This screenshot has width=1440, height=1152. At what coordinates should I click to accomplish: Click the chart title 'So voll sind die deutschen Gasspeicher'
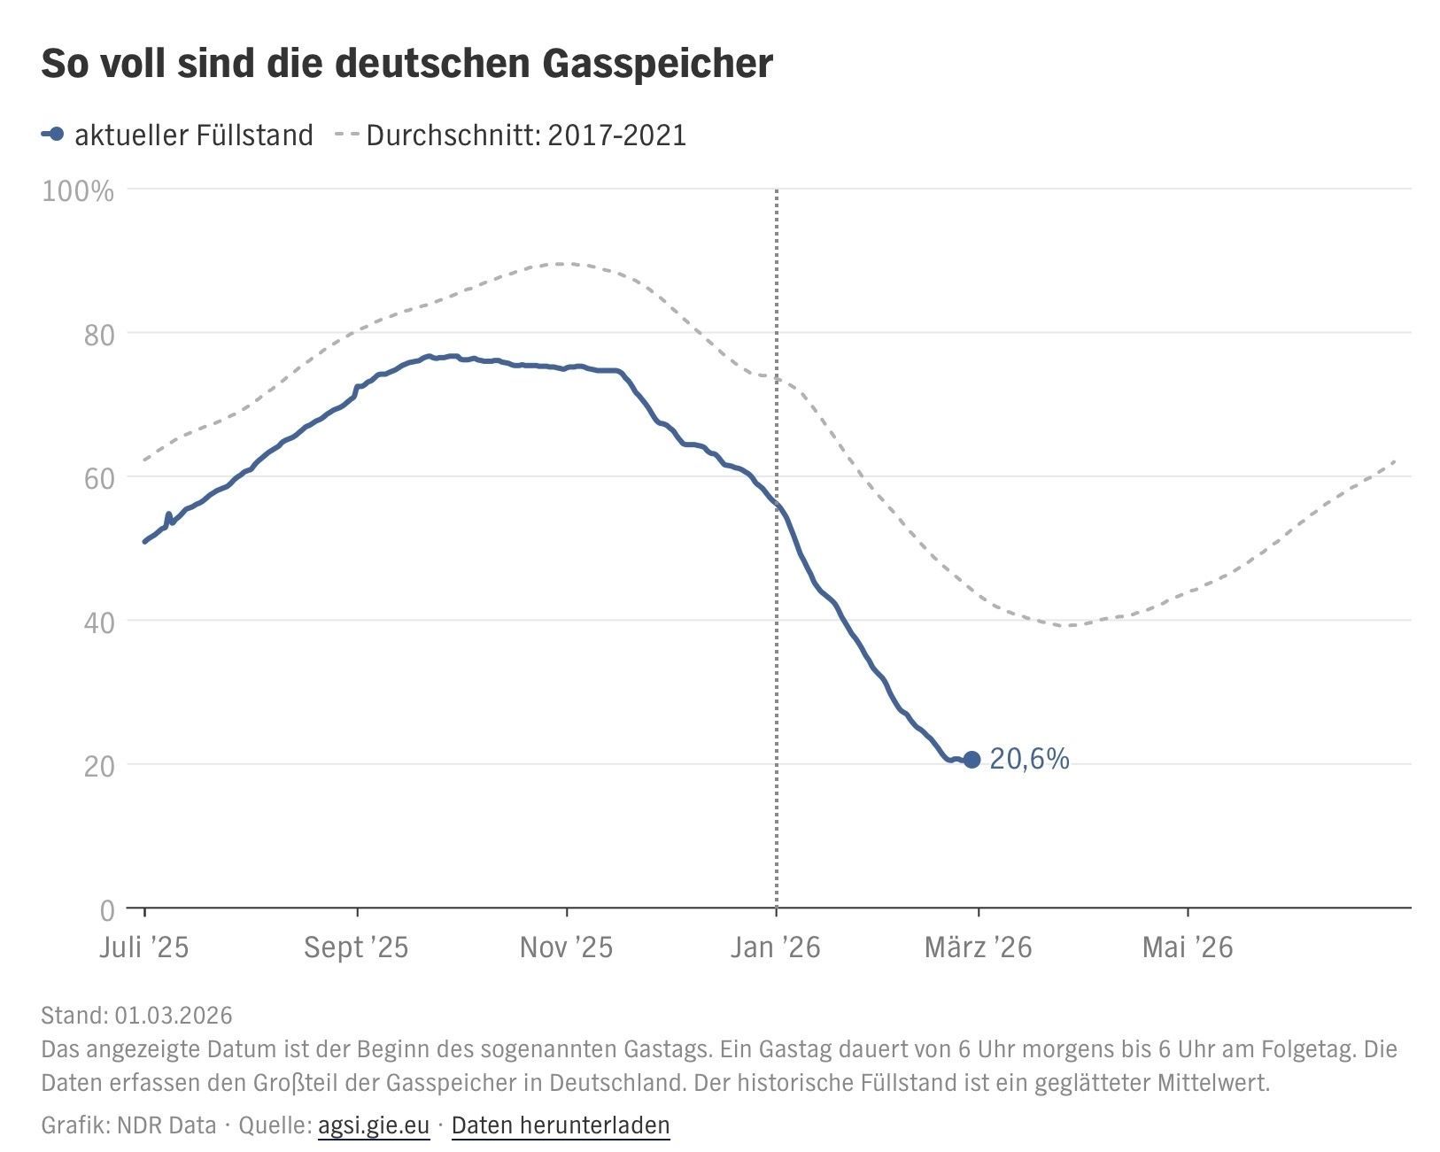tap(406, 64)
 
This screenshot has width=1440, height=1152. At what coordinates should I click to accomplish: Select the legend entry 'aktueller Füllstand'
tap(193, 135)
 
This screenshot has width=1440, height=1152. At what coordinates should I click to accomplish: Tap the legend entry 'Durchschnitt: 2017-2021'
tap(525, 135)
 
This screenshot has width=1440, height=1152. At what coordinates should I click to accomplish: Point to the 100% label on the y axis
tap(78, 191)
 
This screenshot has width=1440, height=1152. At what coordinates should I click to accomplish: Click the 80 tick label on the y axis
tap(98, 335)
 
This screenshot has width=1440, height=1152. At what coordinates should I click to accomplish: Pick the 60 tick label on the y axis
tap(98, 479)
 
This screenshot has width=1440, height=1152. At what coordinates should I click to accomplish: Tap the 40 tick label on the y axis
tap(98, 622)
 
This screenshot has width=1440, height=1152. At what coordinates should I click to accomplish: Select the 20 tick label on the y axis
tap(98, 767)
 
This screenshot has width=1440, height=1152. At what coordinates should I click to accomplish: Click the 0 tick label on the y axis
tap(107, 909)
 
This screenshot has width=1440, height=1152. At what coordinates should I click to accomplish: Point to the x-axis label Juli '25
tap(144, 947)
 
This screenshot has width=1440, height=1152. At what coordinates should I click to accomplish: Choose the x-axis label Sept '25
tap(356, 947)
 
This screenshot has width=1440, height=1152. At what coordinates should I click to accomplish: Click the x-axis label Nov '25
tap(566, 947)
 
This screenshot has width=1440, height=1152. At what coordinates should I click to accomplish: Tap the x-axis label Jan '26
tap(776, 947)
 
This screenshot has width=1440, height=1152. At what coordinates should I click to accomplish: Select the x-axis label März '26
tap(978, 947)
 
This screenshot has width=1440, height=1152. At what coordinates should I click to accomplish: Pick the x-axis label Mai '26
tap(1187, 947)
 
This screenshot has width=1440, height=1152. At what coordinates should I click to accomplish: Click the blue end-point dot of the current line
tap(972, 759)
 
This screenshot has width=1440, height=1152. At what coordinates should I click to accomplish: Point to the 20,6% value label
tap(1029, 759)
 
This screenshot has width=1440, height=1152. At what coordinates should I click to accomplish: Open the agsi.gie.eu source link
tap(373, 1125)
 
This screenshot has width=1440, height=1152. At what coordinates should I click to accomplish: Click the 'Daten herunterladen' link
tap(561, 1125)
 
